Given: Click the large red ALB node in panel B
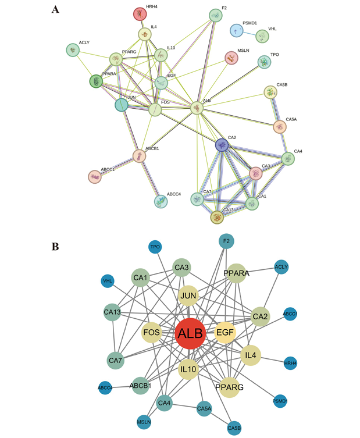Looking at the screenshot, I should tap(190, 334).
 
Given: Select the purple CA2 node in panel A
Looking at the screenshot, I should tap(221, 144).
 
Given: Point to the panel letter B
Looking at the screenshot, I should tap(55, 246).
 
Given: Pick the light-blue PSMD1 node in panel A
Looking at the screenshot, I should tap(236, 30).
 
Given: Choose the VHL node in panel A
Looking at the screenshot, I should tap(263, 37).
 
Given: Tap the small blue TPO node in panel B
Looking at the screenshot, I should tap(155, 247).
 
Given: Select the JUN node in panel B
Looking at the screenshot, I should tap(189, 295).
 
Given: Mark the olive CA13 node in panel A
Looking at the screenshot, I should tap(216, 216).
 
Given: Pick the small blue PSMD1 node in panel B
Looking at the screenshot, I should tap(280, 401).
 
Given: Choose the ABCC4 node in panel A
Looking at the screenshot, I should tap(161, 201).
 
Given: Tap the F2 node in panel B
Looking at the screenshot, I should tap(227, 241).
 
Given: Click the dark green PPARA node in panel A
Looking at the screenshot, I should tap(95, 81).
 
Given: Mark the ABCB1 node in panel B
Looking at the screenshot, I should tap(141, 385).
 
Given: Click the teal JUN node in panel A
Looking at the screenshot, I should tap(121, 105).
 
